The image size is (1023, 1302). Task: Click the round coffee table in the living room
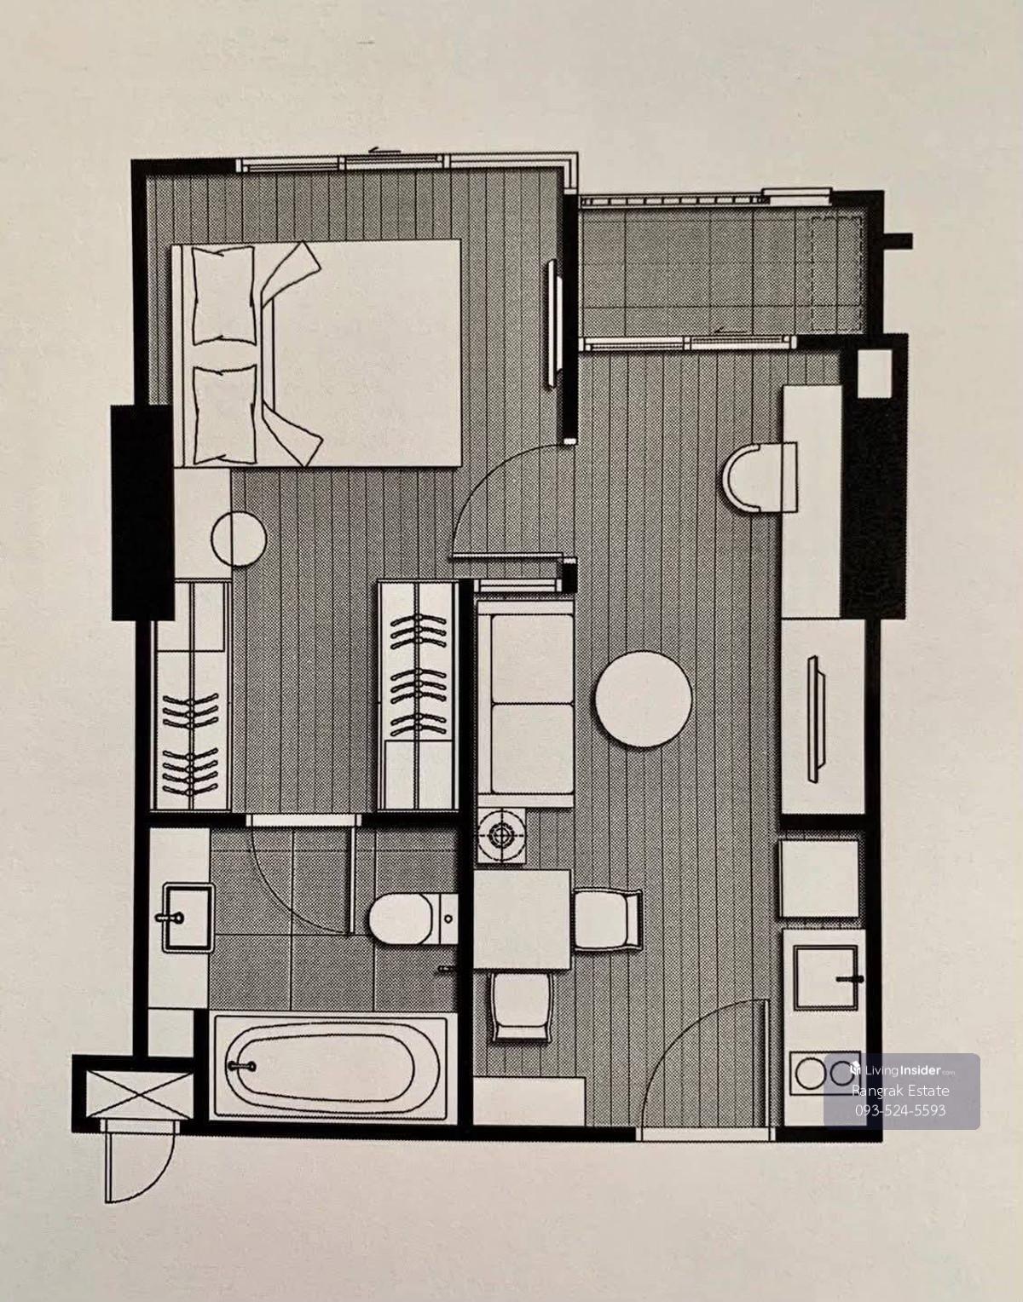[x=643, y=700]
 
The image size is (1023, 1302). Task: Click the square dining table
[x=522, y=919]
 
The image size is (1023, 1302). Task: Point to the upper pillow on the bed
[x=223, y=296]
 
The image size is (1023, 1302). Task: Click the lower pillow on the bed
[x=226, y=415]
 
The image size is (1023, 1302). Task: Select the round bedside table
[x=239, y=539]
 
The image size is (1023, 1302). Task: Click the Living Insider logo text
[x=902, y=1069]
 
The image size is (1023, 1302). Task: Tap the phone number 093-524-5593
[x=900, y=1110]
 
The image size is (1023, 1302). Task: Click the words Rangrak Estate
[x=900, y=1090]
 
